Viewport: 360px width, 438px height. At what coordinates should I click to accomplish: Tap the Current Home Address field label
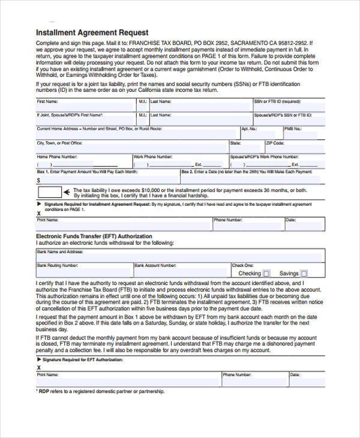(x=99, y=128)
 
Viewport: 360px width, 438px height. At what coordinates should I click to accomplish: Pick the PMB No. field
(x=303, y=133)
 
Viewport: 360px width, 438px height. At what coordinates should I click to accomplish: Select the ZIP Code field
(x=294, y=147)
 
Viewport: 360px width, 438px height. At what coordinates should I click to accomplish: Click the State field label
(x=235, y=143)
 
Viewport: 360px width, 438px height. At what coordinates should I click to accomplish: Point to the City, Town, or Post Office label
(x=60, y=143)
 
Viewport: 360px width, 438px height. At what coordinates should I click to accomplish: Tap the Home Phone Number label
(x=57, y=157)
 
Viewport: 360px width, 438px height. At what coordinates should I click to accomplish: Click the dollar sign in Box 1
(x=39, y=179)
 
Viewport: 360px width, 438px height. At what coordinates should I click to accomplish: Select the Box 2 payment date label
(x=247, y=172)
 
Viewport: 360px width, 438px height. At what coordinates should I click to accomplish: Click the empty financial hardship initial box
(x=50, y=192)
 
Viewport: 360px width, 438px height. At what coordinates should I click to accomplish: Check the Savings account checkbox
(x=304, y=274)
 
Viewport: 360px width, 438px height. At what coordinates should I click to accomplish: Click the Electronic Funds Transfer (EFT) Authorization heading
(x=94, y=236)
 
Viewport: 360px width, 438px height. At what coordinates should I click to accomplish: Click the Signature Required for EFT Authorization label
(x=83, y=359)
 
